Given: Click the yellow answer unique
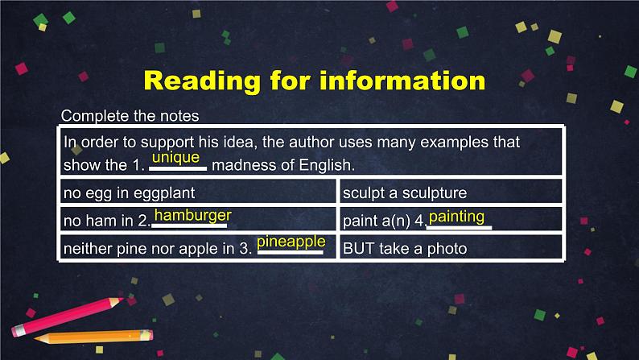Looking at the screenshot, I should (x=175, y=158).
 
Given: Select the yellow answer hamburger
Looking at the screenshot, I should (x=192, y=216).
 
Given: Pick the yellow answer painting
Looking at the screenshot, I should (x=456, y=217).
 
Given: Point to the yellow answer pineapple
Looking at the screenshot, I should (x=291, y=242).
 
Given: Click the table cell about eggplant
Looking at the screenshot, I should (x=198, y=193).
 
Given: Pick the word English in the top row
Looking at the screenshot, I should (x=326, y=166).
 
